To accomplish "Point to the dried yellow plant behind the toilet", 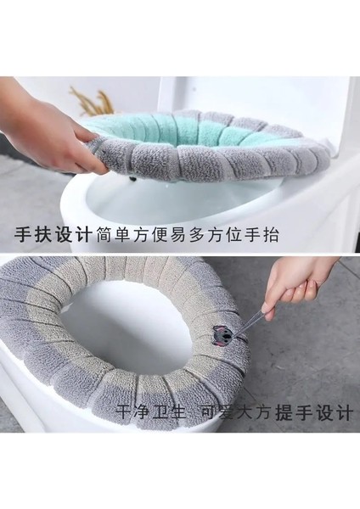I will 89,100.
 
